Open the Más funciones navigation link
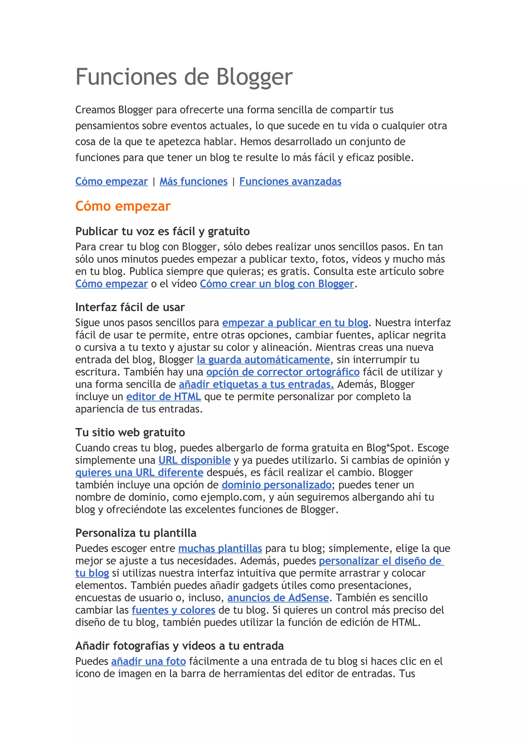click(193, 182)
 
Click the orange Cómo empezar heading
click(123, 206)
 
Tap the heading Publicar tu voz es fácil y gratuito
click(162, 231)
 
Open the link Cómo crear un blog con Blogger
click(276, 284)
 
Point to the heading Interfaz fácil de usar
click(130, 307)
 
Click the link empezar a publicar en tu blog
click(295, 323)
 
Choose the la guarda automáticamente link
click(263, 360)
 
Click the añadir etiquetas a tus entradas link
click(256, 384)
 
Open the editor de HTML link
click(163, 397)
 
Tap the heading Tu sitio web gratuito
click(130, 433)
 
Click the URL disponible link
click(194, 460)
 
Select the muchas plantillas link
click(220, 548)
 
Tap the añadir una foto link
click(148, 661)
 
